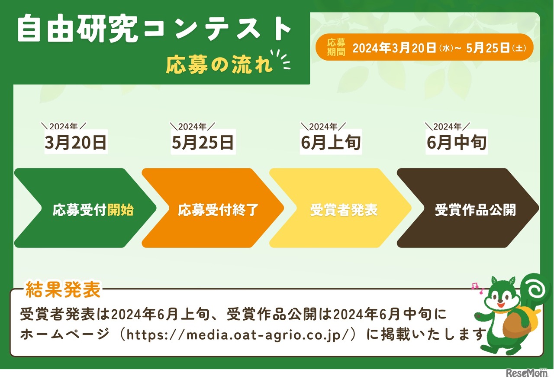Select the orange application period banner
pyautogui.click(x=424, y=47)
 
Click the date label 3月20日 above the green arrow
pyautogui.click(x=75, y=143)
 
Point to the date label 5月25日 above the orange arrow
pyautogui.click(x=203, y=143)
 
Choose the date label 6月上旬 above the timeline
pyautogui.click(x=331, y=143)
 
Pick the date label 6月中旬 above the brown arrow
pyautogui.click(x=457, y=143)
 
